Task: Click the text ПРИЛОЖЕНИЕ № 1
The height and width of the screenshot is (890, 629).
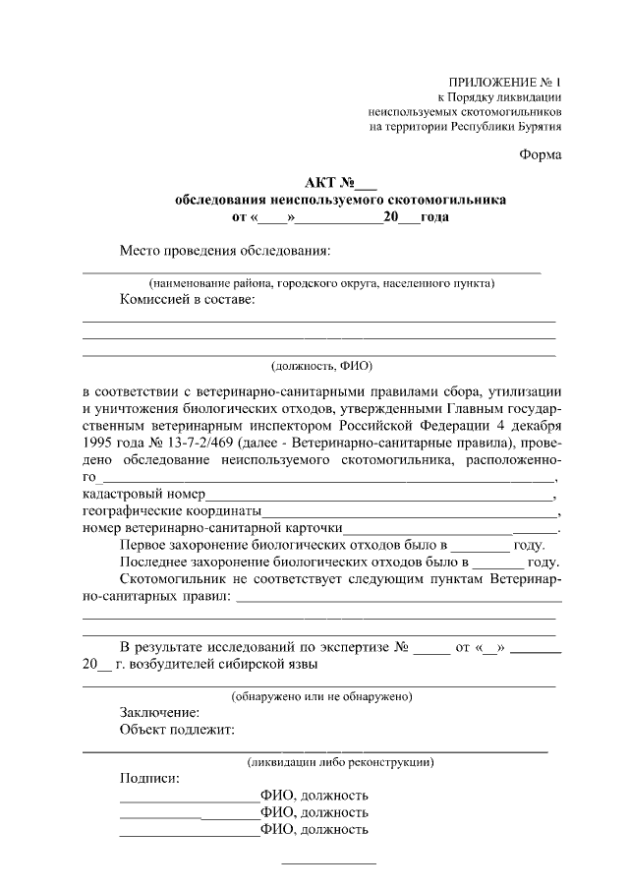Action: [x=504, y=82]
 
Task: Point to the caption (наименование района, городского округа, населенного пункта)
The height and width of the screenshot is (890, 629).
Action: [x=321, y=283]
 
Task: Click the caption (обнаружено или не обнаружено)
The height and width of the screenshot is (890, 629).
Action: [x=321, y=696]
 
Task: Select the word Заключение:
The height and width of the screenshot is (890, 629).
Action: [x=160, y=712]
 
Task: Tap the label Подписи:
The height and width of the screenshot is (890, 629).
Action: [x=149, y=778]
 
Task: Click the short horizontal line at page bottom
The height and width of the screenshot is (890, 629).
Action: [x=329, y=863]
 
